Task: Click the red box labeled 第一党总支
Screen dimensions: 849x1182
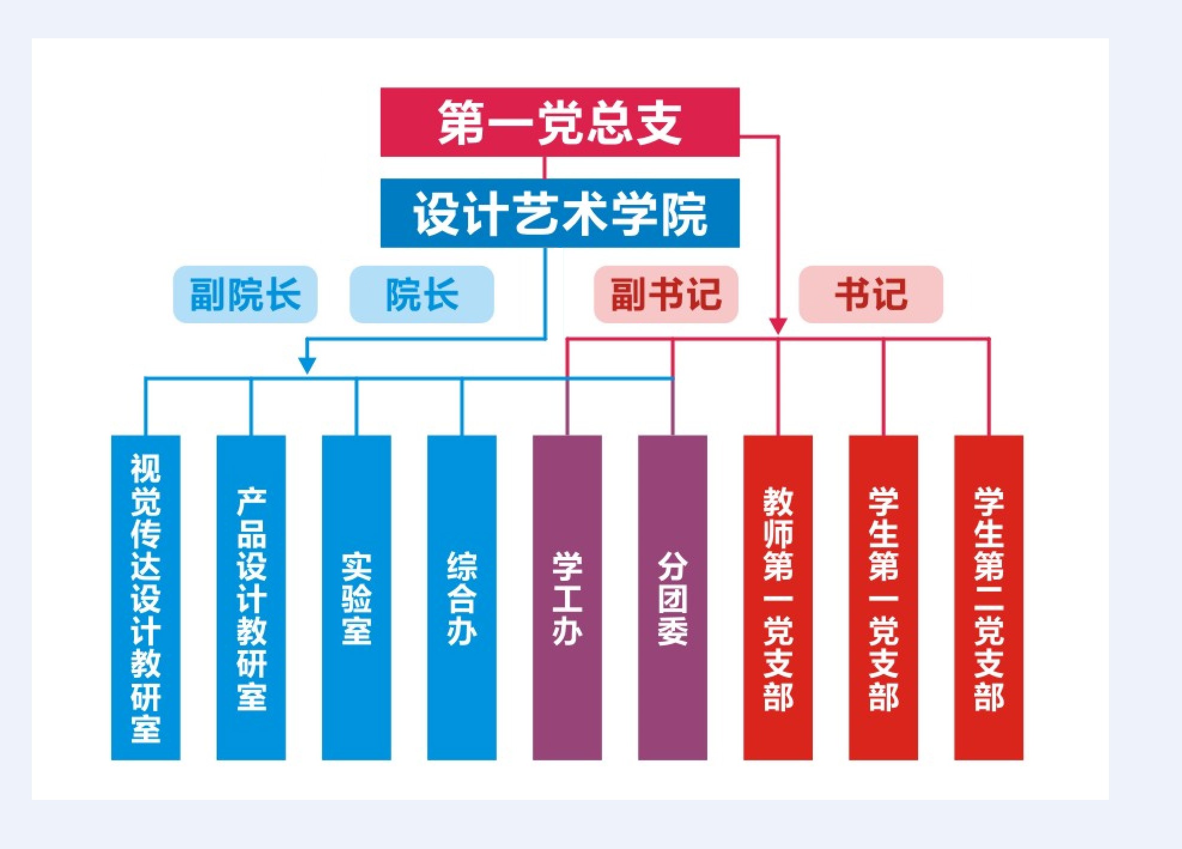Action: (560, 122)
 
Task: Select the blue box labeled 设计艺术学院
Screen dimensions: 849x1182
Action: (560, 213)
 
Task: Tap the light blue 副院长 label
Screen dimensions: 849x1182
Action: (245, 295)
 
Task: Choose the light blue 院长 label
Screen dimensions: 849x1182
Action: (422, 295)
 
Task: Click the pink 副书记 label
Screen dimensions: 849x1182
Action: (666, 295)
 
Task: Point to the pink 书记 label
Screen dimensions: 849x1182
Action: (871, 295)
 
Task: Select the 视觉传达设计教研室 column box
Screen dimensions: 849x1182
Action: (145, 598)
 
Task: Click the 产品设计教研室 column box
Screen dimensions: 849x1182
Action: (251, 598)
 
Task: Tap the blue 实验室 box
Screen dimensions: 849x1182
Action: (356, 598)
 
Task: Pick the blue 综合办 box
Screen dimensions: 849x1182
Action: (461, 598)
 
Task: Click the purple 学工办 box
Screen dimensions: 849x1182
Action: (567, 598)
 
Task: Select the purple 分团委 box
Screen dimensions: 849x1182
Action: (672, 598)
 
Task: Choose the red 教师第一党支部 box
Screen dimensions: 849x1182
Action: (777, 598)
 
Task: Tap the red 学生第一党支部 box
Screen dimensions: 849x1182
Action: (883, 598)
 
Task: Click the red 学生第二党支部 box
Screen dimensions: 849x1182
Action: (988, 598)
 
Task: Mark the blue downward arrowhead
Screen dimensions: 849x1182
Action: (307, 365)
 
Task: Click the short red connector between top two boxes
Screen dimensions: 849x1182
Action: (544, 168)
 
